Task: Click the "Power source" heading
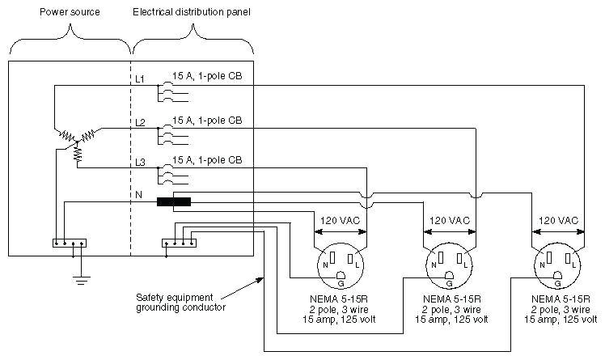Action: coord(70,12)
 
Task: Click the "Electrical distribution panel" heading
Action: coord(192,12)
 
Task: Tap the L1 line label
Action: coord(140,79)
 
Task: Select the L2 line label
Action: coord(140,123)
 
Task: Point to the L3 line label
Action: coord(140,163)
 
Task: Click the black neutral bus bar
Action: coord(174,201)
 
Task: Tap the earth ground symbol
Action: coord(82,280)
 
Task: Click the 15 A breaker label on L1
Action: coord(207,76)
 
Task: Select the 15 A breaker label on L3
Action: coord(207,159)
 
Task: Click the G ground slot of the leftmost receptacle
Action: coord(341,275)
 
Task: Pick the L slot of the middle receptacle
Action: coord(459,258)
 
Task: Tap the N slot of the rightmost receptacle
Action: coord(549,256)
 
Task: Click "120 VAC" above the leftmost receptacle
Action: coord(340,221)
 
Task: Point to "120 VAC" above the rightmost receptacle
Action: coord(558,221)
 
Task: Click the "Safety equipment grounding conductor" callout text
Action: coord(180,303)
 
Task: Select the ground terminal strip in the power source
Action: coord(70,243)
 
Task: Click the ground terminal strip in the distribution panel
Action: coord(179,243)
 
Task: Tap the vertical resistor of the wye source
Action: coord(78,155)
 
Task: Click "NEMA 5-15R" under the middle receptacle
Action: coord(452,299)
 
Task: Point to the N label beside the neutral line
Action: coord(138,195)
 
